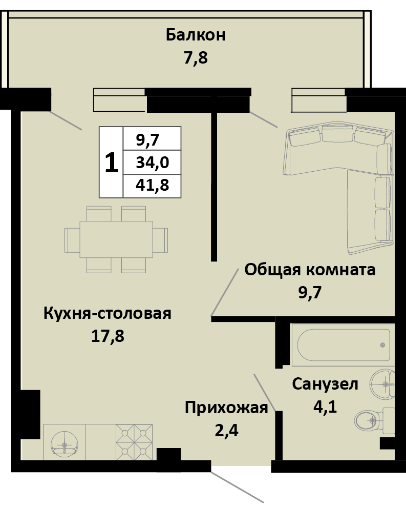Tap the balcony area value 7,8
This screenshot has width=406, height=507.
tap(196, 57)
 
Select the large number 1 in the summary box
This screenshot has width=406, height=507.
tap(111, 163)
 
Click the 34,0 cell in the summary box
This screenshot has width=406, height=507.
tap(152, 163)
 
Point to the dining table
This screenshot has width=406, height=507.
tap(116, 239)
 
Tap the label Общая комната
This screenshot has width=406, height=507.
tap(310, 270)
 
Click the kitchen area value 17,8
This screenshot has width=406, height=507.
tap(108, 336)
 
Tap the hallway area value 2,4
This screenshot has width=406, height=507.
tap(226, 430)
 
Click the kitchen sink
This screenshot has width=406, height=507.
tap(64, 441)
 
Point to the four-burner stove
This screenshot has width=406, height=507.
tap(135, 441)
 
